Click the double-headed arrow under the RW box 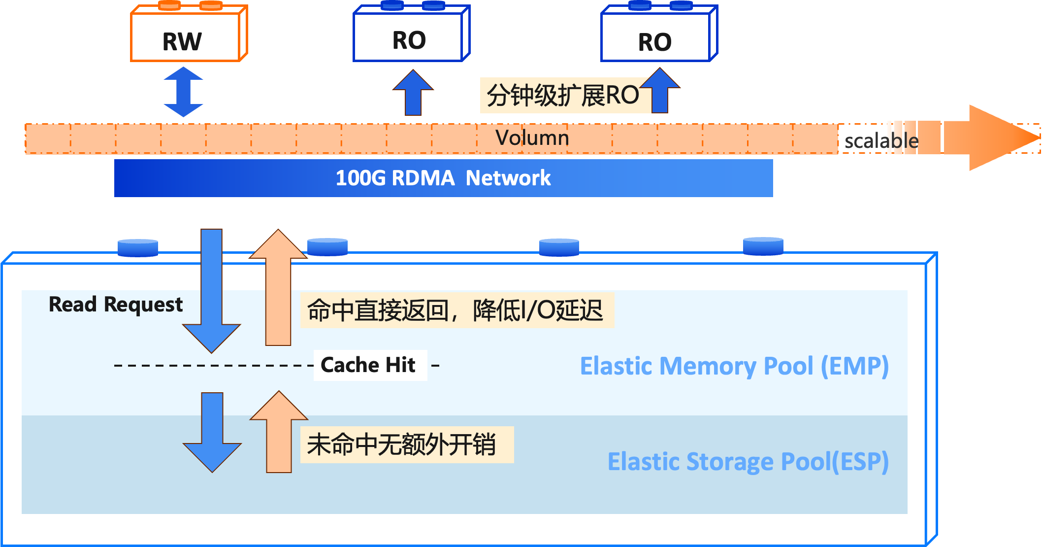click(x=183, y=92)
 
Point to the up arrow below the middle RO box click(x=413, y=94)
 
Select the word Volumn click(x=532, y=138)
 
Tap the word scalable click(x=880, y=141)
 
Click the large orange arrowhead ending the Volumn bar click(x=1000, y=138)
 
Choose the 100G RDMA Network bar click(x=443, y=178)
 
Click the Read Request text click(x=116, y=305)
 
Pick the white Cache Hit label click(x=370, y=365)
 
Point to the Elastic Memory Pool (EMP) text click(x=734, y=367)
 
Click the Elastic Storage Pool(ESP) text click(x=748, y=462)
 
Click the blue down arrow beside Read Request click(x=212, y=296)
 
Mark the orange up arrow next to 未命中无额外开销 click(x=279, y=434)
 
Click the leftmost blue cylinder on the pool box click(x=138, y=248)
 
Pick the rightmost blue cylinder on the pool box click(x=763, y=246)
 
